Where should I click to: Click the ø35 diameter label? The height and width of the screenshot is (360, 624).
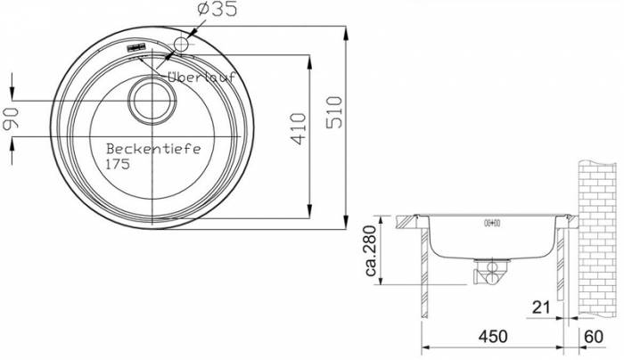coord(217,9)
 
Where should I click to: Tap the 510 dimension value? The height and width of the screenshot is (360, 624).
coord(334,112)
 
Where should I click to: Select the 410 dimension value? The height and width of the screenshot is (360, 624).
coord(299,128)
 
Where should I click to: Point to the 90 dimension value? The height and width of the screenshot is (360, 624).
coord(11,119)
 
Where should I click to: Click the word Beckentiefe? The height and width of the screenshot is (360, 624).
coord(153,149)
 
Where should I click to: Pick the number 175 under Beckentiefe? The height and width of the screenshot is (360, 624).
coord(118,164)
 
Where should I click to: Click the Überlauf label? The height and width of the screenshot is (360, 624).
coord(201,77)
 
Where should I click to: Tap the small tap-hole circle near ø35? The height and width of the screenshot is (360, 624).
coord(181,44)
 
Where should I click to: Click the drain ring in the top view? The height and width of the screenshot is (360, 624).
coord(152,101)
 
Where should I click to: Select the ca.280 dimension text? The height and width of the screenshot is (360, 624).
coord(371,250)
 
